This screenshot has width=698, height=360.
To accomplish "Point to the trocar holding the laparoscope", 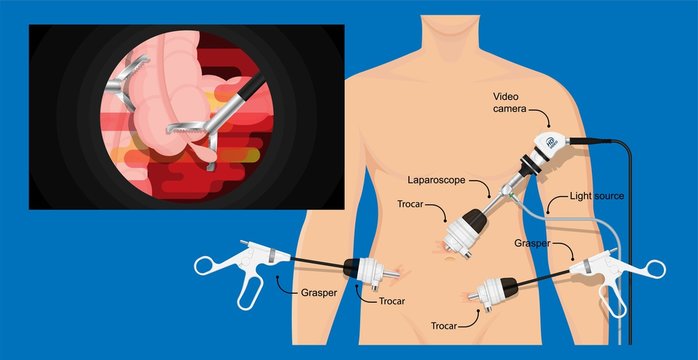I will [468, 229].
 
